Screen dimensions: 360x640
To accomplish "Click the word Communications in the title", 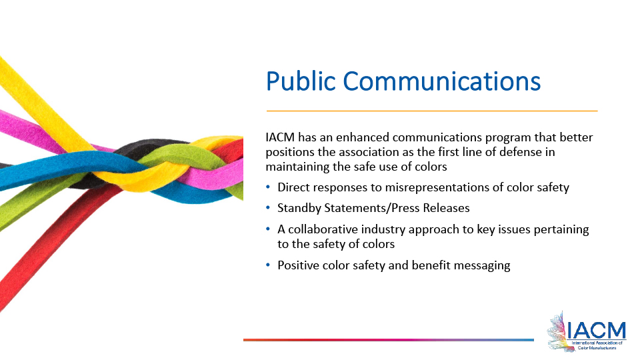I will click(443, 82).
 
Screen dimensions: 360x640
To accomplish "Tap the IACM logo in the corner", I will click(587, 331).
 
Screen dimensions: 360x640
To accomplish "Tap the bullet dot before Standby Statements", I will click(269, 208).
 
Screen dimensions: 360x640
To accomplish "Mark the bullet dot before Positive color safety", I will click(269, 265).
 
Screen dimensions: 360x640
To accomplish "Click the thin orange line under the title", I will click(432, 111).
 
